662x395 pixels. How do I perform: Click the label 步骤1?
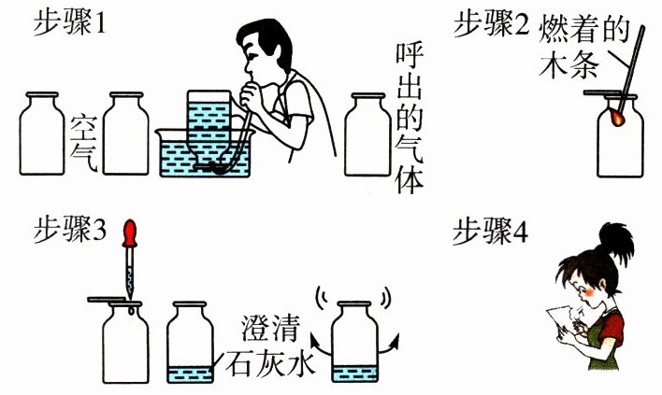click(69, 23)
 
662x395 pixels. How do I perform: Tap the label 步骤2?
click(491, 23)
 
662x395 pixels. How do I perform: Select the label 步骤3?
click(70, 230)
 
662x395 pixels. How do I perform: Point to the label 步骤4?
click(491, 231)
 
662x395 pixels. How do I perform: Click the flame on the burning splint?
click(617, 118)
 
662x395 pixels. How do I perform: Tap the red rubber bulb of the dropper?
click(129, 233)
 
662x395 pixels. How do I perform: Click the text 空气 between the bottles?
click(84, 143)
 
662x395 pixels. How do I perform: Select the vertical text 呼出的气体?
click(409, 118)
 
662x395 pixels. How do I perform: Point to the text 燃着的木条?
click(583, 47)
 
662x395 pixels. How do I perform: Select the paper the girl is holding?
click(562, 321)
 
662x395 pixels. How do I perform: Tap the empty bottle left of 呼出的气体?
click(367, 134)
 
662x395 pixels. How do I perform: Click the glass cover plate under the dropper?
click(107, 300)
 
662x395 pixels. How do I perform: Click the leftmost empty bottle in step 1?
click(42, 134)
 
